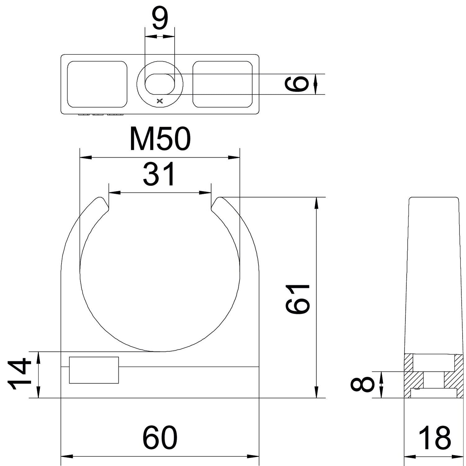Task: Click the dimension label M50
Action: (160, 139)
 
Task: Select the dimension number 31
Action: (160, 175)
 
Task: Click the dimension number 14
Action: (19, 374)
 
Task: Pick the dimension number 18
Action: (434, 438)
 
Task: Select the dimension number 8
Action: (362, 384)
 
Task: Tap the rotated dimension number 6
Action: (297, 84)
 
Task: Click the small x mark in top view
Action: (160, 101)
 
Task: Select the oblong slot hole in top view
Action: (160, 84)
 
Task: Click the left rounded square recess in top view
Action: (97, 84)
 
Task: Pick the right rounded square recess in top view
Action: (222, 84)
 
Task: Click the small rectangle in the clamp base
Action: (94, 370)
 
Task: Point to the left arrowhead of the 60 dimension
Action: (66, 457)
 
